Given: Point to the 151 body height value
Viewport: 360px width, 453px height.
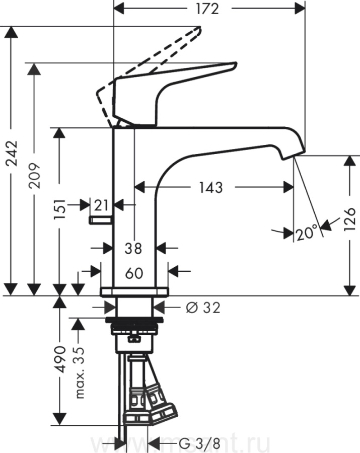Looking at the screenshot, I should pyautogui.click(x=59, y=207).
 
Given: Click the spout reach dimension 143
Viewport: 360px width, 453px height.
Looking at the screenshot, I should pyautogui.click(x=210, y=187).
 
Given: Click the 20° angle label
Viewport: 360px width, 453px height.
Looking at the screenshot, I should pyautogui.click(x=307, y=233).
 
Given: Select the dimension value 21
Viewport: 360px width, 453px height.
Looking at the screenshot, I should pyautogui.click(x=101, y=205).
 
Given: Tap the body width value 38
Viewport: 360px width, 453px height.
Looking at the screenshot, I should pyautogui.click(x=133, y=248).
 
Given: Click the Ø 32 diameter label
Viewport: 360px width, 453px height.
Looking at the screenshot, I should pyautogui.click(x=203, y=308).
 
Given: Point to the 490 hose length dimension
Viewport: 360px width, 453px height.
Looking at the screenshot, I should pyautogui.click(x=60, y=359).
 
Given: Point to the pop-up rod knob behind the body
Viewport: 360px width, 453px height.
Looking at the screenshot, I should pyautogui.click(x=100, y=220).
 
